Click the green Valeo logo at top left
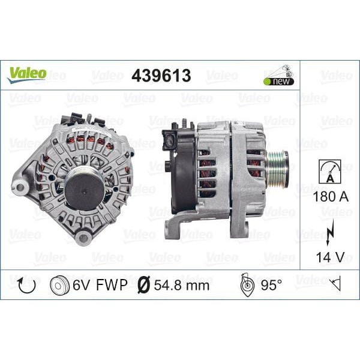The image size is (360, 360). pos(26,74)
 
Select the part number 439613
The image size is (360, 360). pos(161,75)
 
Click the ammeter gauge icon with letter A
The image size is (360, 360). pos(329,172)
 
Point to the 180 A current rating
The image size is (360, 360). pos(329,196)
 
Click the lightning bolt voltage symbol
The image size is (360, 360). pos(329,232)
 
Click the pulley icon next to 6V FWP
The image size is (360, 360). pos(61,284)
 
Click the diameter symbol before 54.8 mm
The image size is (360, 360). pos(144,284)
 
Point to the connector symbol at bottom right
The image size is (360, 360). pos(335,284)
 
